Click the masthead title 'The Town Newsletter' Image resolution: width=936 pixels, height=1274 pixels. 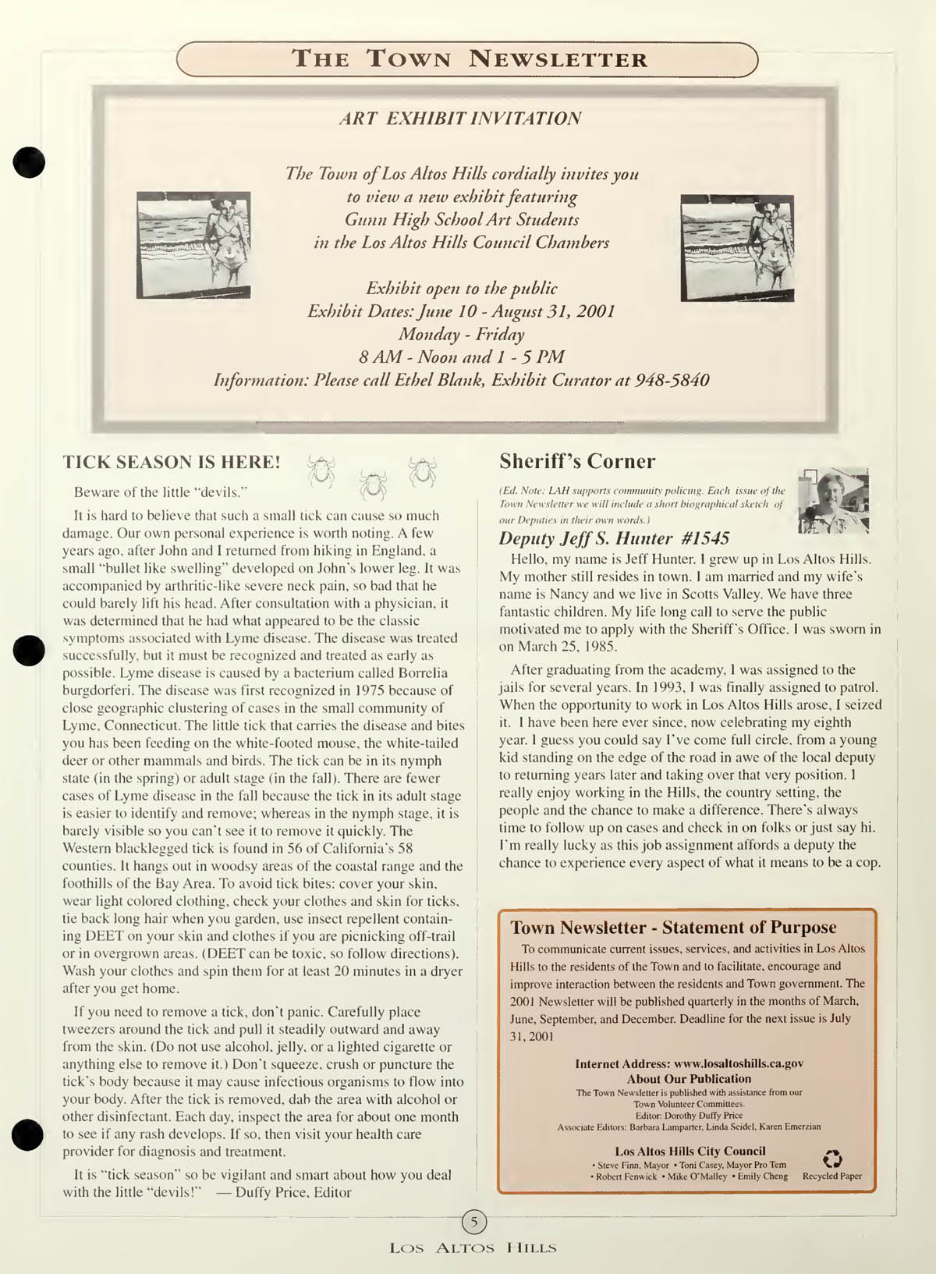(x=469, y=59)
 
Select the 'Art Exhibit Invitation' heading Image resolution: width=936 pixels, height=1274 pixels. (x=461, y=119)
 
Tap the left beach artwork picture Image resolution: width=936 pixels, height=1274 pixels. (x=193, y=244)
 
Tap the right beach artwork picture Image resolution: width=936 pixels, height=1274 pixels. (x=737, y=247)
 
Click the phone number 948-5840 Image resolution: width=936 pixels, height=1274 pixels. (x=672, y=381)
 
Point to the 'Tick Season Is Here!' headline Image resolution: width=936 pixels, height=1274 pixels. (x=172, y=462)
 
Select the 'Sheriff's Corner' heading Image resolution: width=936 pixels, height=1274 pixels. (x=577, y=461)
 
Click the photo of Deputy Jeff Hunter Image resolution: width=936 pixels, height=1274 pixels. (x=833, y=501)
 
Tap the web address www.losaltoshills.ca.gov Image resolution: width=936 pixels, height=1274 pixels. (x=738, y=1063)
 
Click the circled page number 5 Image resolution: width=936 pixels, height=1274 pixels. (x=474, y=1220)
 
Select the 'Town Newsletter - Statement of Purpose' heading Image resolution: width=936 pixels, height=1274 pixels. (x=673, y=928)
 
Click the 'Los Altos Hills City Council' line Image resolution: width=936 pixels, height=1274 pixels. (x=690, y=1151)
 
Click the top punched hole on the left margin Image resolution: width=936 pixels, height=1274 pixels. (x=29, y=161)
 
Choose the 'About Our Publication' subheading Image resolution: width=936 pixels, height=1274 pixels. (x=689, y=1079)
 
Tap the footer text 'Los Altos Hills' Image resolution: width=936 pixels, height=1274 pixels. (x=473, y=1248)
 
